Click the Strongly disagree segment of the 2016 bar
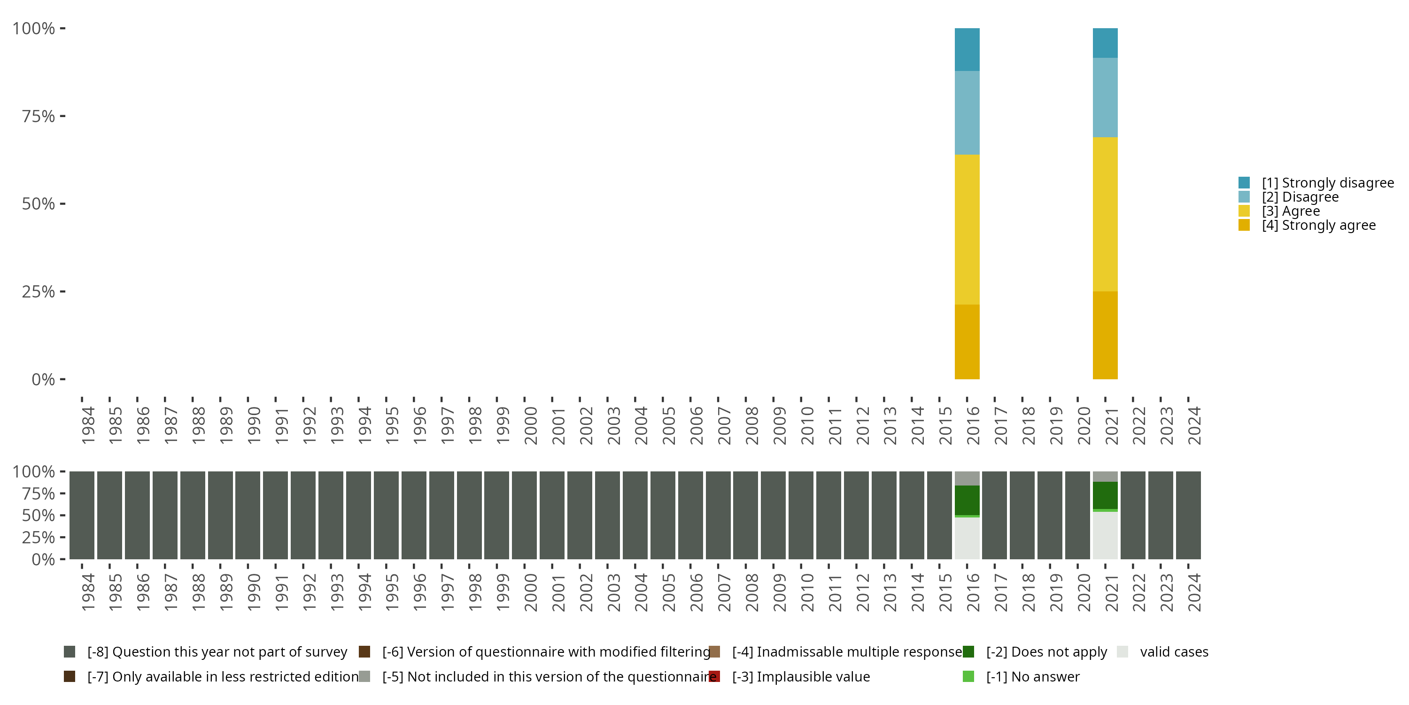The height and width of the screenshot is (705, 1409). tap(967, 49)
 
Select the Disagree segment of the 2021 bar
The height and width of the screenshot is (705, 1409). tap(1105, 97)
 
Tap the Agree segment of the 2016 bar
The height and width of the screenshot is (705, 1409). tap(967, 229)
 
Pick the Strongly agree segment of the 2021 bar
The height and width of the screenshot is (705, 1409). tap(1105, 335)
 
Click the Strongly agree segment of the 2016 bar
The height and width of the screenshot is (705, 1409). tap(967, 342)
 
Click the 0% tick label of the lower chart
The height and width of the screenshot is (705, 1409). tap(43, 559)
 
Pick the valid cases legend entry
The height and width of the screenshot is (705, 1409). tap(1174, 652)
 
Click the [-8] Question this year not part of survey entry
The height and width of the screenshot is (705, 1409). tap(217, 652)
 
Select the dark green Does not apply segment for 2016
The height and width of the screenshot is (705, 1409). tap(967, 500)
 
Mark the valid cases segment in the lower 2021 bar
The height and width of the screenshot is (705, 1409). tap(1105, 535)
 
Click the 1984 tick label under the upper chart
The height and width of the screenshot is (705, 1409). tap(87, 425)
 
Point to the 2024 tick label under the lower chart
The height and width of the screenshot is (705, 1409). tap(1194, 592)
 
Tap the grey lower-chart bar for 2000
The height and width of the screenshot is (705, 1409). tap(524, 515)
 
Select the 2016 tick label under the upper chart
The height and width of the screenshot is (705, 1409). tap(973, 425)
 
